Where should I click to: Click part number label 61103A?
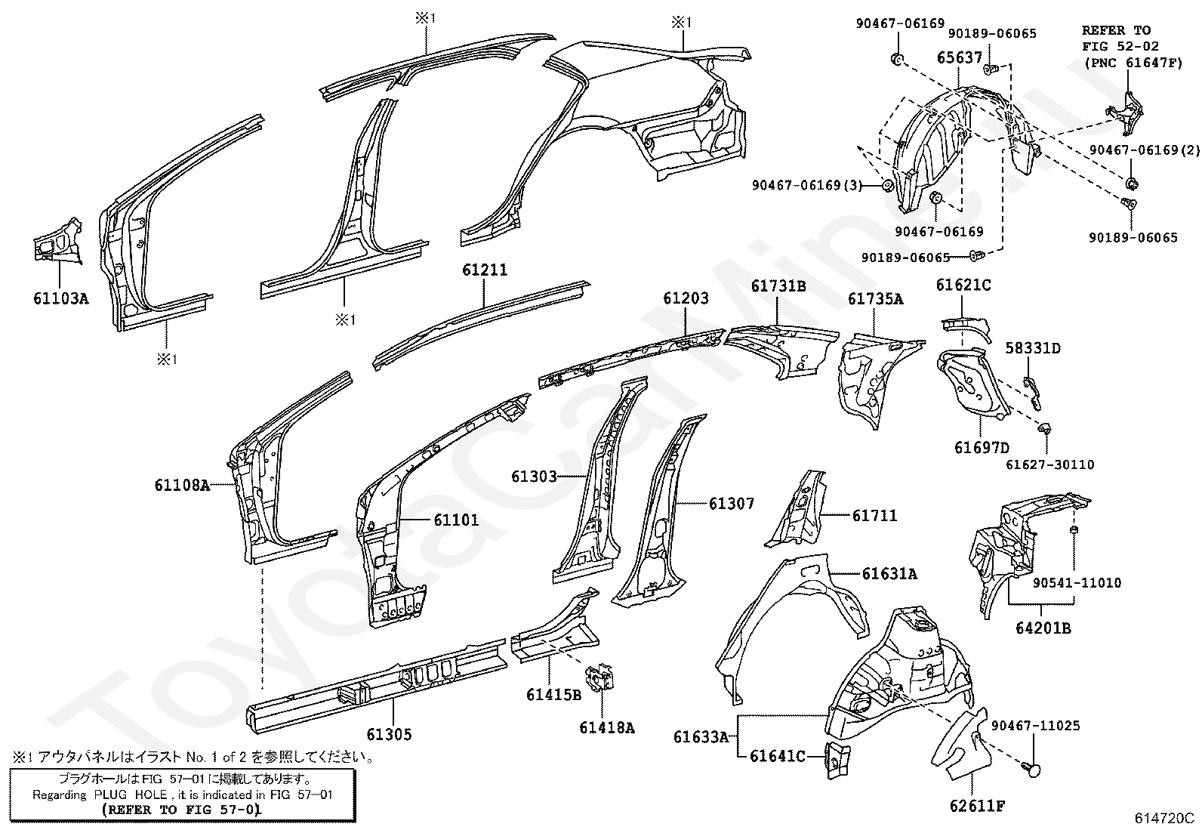click(60, 298)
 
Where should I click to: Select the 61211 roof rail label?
click(485, 270)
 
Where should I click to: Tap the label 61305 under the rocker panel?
click(390, 733)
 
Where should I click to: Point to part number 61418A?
click(607, 728)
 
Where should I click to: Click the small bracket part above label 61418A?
click(601, 677)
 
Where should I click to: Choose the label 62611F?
click(978, 806)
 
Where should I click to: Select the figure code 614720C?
click(1163, 818)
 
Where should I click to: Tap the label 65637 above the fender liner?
click(960, 57)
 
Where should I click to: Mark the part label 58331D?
click(1033, 348)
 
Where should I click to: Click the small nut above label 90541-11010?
click(1073, 532)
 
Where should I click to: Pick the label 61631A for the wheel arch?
click(889, 574)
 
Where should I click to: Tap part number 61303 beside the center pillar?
click(533, 477)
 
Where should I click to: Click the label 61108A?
click(182, 486)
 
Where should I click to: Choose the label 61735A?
click(875, 299)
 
